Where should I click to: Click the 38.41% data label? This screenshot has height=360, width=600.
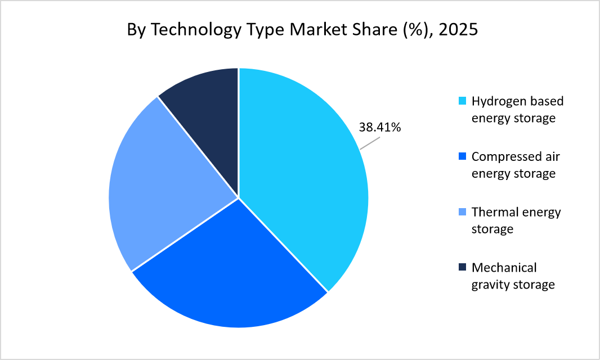(x=380, y=128)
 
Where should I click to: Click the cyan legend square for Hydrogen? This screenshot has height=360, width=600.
(x=463, y=101)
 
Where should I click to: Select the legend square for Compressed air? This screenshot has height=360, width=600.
(x=463, y=157)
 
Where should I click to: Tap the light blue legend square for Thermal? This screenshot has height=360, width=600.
(x=463, y=212)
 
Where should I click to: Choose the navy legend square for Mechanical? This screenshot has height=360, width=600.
(x=463, y=267)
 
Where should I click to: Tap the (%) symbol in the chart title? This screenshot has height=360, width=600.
(x=412, y=29)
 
